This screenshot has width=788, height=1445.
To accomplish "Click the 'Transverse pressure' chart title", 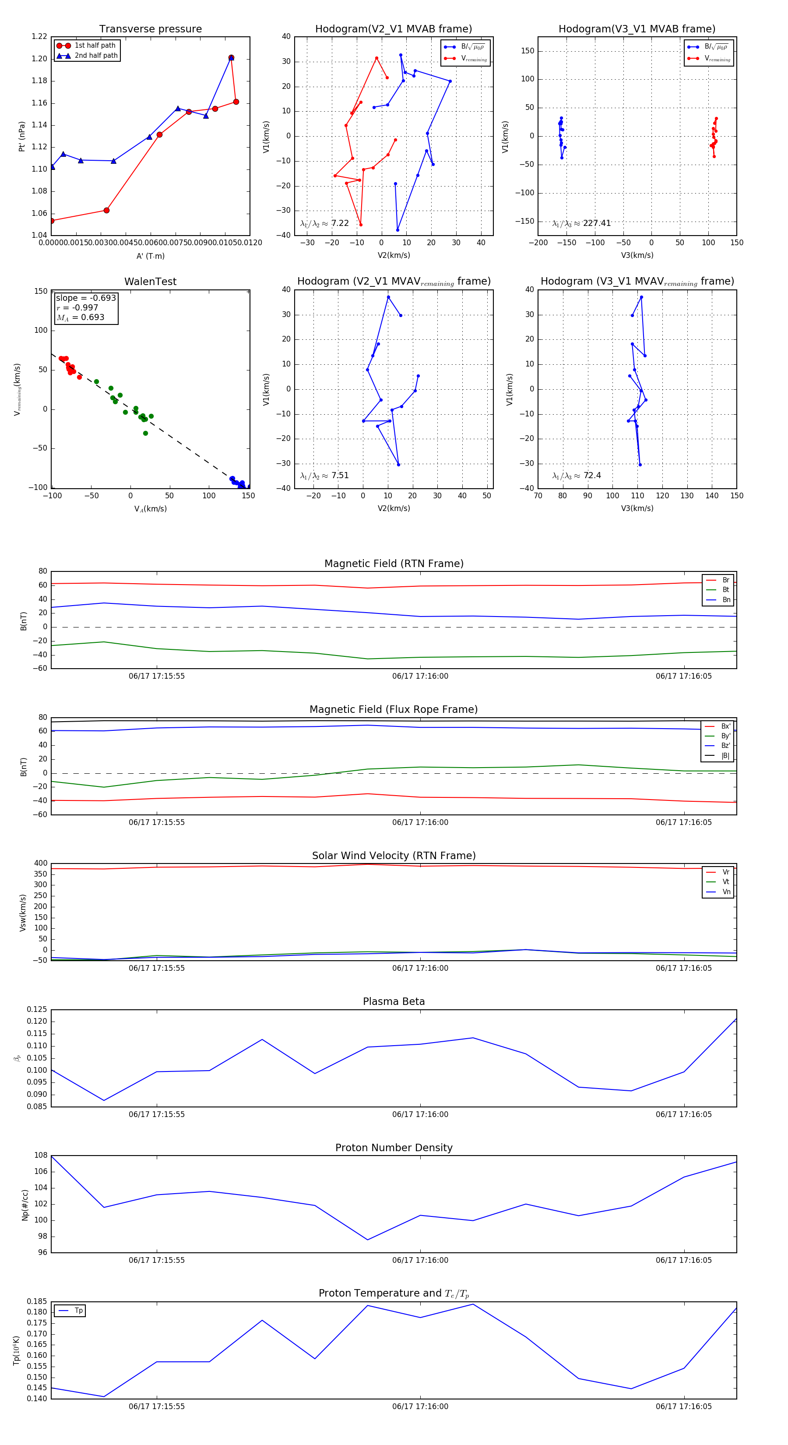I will tap(150, 29).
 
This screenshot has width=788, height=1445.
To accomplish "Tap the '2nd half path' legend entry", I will tap(96, 56).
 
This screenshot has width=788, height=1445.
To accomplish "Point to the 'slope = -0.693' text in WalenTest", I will tap(86, 298).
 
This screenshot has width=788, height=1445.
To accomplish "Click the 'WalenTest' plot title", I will tap(150, 282).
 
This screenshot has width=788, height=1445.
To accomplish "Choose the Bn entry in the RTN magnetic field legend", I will tap(726, 599).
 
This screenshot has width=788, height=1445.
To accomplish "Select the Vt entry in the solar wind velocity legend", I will tap(726, 882).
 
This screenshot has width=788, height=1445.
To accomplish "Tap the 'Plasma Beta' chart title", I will tap(394, 1002).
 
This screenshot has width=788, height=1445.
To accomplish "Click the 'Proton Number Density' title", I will tap(394, 1148).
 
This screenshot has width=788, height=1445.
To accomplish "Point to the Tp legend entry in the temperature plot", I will tap(78, 1311).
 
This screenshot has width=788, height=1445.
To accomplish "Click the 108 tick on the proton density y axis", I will tap(40, 1156).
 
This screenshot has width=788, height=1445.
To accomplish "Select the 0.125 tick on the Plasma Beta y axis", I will tap(37, 1010).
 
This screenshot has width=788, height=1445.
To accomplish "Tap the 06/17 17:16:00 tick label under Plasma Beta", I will tap(420, 1114).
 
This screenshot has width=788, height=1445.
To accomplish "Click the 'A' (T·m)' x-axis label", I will tap(150, 256).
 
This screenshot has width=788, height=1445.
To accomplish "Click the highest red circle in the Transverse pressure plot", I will tap(231, 58).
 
